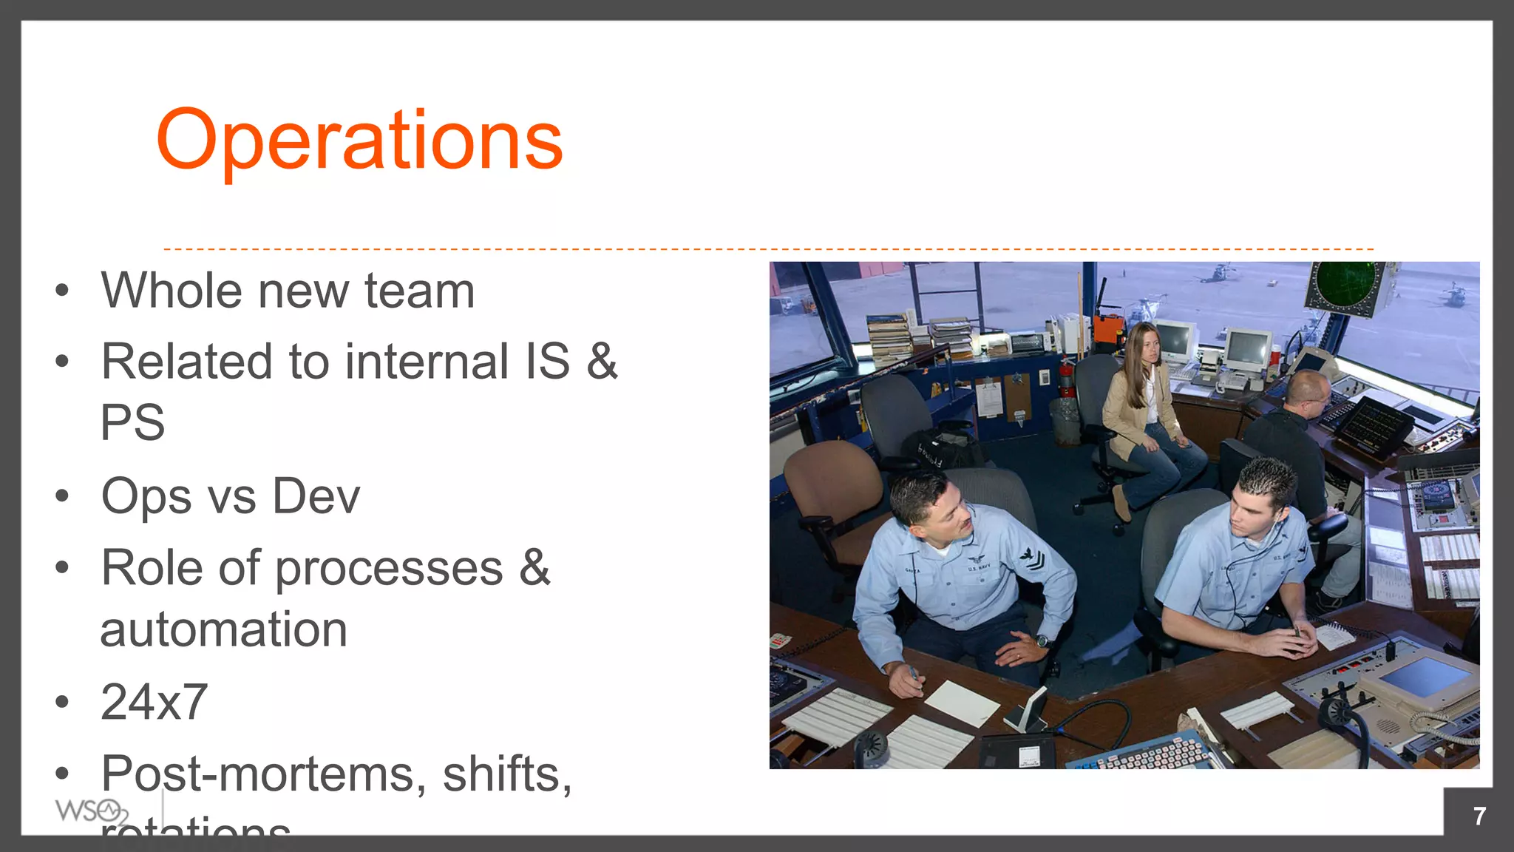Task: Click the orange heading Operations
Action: [x=359, y=141]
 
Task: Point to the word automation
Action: [x=223, y=630]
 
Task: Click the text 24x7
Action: [x=154, y=702]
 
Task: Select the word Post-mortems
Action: [x=263, y=774]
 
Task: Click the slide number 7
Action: [x=1479, y=816]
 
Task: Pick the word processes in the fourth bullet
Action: [x=389, y=569]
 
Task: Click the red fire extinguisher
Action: [x=1065, y=377]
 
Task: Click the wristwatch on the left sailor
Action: [x=1042, y=640]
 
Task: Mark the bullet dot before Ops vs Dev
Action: [x=62, y=496]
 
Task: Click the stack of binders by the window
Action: [x=889, y=337]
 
